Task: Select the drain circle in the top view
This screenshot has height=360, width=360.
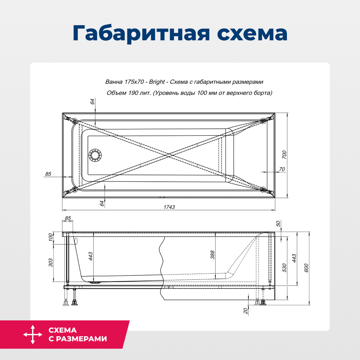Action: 95,156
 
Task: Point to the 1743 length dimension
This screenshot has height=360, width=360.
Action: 169,207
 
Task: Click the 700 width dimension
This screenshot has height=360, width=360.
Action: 284,155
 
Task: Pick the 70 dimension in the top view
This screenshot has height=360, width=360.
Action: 282,169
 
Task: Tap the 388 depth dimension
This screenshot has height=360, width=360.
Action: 212,255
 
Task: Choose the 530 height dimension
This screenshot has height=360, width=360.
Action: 284,267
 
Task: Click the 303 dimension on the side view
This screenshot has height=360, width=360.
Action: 51,262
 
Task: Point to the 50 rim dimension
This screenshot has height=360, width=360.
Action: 278,224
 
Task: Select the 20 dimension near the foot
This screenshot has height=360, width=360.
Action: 246,311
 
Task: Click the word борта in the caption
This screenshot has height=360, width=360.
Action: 263,93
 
